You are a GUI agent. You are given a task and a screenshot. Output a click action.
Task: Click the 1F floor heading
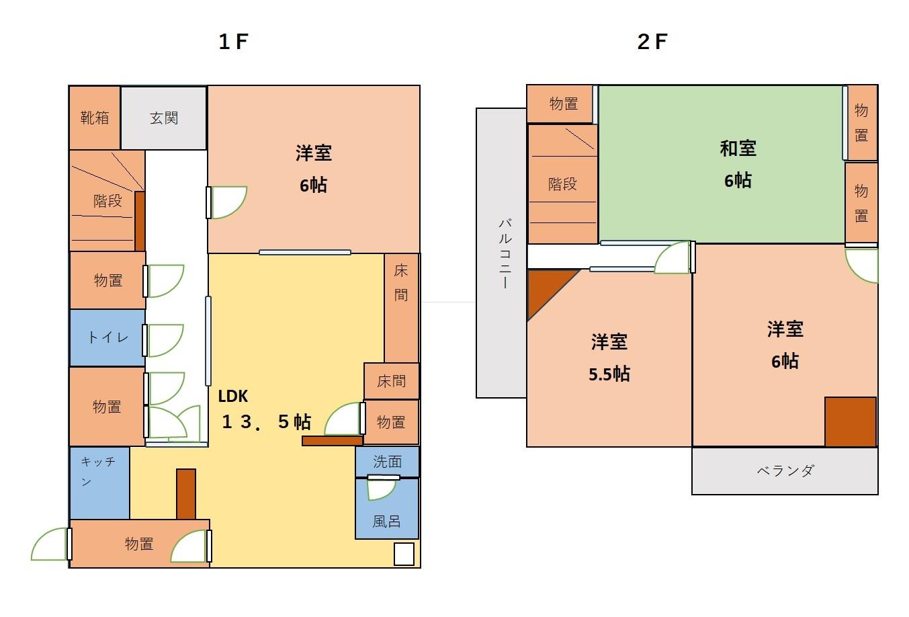(233, 42)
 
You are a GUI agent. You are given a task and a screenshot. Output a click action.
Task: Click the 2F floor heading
(652, 42)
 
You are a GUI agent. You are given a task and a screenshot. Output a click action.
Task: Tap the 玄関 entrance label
(163, 118)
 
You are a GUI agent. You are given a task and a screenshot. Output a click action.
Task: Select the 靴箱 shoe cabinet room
(95, 118)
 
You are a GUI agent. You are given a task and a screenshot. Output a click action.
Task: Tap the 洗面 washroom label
(387, 462)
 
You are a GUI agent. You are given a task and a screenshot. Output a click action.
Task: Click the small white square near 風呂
(404, 554)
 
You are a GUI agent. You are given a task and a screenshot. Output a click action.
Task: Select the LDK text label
(233, 396)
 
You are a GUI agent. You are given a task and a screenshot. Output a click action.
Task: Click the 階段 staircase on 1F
(107, 201)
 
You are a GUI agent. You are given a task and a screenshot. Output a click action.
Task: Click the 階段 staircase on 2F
(562, 184)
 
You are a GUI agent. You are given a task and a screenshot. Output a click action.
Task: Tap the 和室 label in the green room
(738, 149)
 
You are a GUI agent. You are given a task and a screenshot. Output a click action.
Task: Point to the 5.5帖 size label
(609, 374)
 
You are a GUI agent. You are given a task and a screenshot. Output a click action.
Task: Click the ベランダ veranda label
(785, 470)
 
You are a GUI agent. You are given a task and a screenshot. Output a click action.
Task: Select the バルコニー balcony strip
(501, 253)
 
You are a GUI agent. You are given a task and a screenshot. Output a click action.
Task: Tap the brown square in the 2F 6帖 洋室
(850, 421)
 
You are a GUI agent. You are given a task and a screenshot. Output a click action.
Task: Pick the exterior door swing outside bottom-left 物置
(50, 545)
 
